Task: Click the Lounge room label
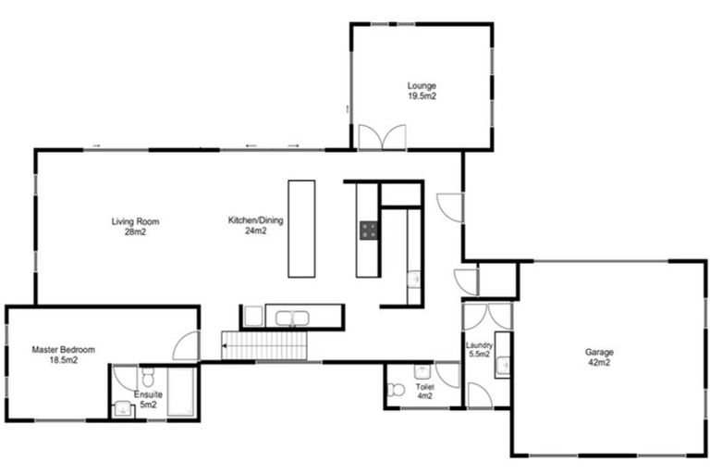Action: point(422,90)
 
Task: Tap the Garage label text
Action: point(598,357)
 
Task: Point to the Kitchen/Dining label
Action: point(255,226)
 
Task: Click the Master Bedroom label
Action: point(63,355)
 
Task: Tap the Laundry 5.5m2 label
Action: point(479,350)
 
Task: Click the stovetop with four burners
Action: point(368,231)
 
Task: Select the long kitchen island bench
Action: point(301,229)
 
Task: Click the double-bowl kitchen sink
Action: point(292,318)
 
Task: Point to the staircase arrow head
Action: point(225,346)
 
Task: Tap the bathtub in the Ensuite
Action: point(181,393)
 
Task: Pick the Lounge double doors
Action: point(381,137)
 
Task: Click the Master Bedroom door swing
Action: point(188,346)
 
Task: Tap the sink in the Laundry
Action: point(502,367)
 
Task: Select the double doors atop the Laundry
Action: point(488,317)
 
